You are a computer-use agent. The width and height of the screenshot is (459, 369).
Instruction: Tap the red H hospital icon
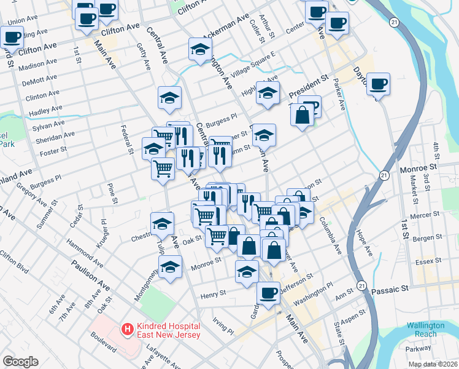click(x=128, y=330)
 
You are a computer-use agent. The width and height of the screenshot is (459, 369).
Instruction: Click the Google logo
click(x=20, y=362)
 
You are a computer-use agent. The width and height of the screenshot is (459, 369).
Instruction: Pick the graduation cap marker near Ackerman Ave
click(x=200, y=51)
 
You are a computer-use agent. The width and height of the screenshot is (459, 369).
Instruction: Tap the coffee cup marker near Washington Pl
click(x=268, y=293)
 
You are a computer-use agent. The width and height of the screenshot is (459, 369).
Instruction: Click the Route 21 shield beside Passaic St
click(x=362, y=286)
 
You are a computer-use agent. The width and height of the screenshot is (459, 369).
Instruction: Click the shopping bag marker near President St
click(x=303, y=116)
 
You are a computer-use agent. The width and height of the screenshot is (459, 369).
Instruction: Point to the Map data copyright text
click(x=431, y=364)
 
